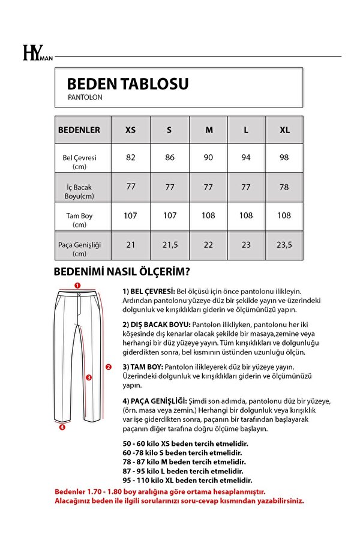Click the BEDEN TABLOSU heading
127,83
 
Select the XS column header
130,130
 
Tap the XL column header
284,130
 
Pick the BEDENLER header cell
79,130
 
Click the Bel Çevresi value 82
131,157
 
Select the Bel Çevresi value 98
284,157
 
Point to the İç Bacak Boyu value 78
284,187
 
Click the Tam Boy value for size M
208,215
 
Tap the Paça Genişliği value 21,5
170,244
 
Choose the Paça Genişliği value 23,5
284,244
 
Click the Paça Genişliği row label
79,249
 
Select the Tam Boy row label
79,220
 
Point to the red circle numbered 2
108,367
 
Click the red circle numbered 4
62,428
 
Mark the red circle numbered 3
88,377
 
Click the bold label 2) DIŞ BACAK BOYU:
156,325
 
